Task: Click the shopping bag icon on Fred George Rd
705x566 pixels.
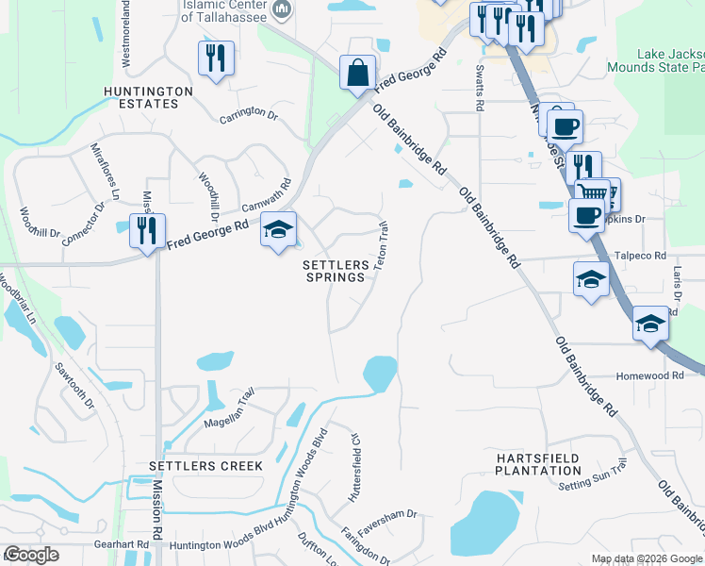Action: click(358, 74)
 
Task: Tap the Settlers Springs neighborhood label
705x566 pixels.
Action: click(335, 272)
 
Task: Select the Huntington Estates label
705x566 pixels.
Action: click(149, 97)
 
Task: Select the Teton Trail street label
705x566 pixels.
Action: click(382, 245)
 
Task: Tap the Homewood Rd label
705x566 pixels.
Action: click(649, 375)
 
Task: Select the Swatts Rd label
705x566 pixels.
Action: click(480, 89)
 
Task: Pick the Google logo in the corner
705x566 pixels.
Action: click(31, 555)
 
